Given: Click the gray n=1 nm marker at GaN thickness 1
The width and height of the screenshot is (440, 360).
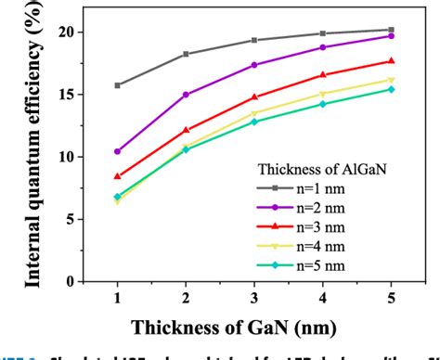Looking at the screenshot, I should [117, 85].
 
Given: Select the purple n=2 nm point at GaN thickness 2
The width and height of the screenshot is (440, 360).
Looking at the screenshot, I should [186, 95].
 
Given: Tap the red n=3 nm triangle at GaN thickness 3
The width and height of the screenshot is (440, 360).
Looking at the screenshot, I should [254, 96].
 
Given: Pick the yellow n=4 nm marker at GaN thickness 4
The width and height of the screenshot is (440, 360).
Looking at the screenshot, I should [323, 94].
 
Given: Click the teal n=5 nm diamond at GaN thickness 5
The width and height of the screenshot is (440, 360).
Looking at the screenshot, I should [391, 89].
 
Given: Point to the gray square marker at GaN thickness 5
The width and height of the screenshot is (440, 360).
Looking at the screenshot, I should [391, 30].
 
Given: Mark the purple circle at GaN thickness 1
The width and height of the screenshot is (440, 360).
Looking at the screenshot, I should [117, 151].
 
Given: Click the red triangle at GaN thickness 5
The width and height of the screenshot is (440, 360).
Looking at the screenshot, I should [391, 61].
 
